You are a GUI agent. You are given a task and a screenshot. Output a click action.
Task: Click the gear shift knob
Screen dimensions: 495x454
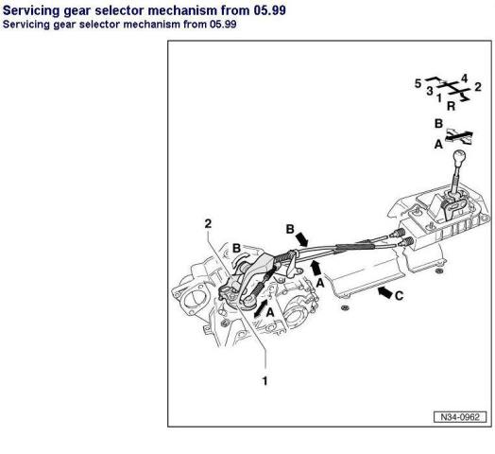click(x=459, y=157)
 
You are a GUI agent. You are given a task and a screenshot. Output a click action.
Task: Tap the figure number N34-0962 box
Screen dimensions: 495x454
click(x=460, y=417)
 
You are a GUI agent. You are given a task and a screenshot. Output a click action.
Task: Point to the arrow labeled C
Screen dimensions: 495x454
click(x=385, y=292)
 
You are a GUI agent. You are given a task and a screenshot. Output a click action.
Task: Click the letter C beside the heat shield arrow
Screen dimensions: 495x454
click(x=399, y=296)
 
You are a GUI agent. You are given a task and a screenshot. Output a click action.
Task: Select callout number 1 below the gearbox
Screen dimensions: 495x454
click(x=265, y=380)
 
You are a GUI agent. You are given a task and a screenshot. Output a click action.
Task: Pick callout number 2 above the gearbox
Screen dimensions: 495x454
click(x=208, y=223)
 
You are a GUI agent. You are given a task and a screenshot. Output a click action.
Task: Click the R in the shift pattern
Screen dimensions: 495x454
click(x=452, y=106)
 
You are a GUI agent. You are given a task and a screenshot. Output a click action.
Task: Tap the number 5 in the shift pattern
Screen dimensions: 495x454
click(x=418, y=84)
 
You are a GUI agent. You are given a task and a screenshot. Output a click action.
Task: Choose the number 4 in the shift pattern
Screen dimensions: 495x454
click(x=464, y=79)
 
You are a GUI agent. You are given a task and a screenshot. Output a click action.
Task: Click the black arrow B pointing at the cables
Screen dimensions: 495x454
click(x=301, y=239)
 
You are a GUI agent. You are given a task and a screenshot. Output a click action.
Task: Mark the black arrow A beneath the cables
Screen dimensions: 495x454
click(x=316, y=269)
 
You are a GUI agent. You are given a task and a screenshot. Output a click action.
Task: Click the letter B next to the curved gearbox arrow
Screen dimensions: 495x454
click(x=237, y=248)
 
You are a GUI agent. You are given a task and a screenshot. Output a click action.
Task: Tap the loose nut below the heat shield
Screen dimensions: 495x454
click(x=345, y=307)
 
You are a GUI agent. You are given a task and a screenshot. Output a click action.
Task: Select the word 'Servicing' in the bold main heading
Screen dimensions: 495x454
click(x=31, y=10)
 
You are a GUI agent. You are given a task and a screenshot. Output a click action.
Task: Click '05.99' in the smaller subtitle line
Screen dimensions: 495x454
click(x=223, y=25)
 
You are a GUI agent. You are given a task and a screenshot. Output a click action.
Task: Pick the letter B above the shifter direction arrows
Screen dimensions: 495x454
click(x=438, y=123)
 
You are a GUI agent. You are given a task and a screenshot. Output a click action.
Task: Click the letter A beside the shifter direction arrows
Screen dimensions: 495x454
click(x=438, y=145)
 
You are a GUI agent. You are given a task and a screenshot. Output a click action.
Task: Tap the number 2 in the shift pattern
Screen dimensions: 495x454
click(x=478, y=87)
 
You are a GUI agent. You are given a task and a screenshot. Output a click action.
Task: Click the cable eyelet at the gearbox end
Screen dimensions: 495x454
click(x=248, y=302)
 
